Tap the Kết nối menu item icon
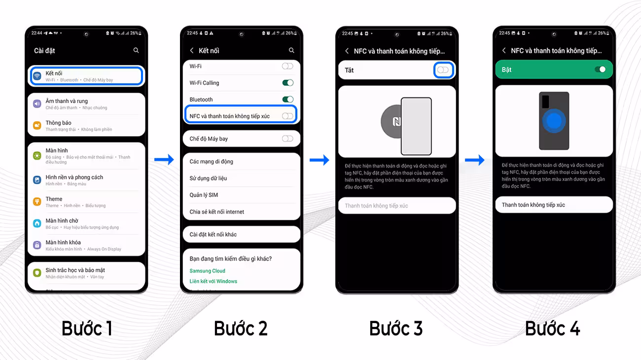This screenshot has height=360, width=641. (37, 76)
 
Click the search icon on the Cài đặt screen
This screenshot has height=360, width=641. (136, 50)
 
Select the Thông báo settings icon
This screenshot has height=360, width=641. (37, 125)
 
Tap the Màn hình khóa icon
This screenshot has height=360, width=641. (37, 245)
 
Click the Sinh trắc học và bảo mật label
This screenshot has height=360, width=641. (75, 270)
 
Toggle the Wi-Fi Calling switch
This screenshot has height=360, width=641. (287, 83)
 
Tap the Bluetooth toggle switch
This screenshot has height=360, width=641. (287, 100)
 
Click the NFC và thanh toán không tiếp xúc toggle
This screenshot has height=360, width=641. (287, 116)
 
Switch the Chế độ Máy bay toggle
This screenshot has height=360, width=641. (287, 139)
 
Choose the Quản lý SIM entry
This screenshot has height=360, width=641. (204, 195)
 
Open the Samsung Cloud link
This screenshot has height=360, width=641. (207, 271)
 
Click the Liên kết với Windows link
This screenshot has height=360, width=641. (213, 281)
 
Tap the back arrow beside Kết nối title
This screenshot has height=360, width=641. (192, 50)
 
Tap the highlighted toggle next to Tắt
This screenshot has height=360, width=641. (443, 70)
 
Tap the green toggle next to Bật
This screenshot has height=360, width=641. (600, 70)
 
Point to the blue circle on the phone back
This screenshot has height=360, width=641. (555, 121)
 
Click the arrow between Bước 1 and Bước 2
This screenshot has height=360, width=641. (164, 159)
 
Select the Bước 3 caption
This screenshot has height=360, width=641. (396, 328)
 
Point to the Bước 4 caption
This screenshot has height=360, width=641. (552, 328)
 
